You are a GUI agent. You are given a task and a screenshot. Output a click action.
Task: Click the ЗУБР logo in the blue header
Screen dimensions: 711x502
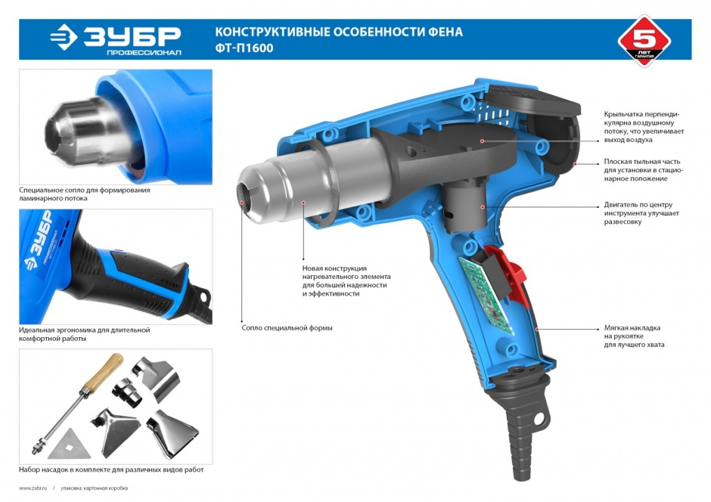click(x=116, y=39)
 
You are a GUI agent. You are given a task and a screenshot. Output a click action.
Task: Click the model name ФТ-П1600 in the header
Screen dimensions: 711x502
click(x=244, y=48)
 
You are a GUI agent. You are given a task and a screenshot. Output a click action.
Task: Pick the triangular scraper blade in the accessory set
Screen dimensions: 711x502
click(x=70, y=443)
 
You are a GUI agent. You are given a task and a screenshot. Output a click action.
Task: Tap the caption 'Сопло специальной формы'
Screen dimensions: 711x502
click(x=287, y=327)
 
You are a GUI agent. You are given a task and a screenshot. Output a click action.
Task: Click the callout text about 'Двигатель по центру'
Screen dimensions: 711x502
click(x=641, y=213)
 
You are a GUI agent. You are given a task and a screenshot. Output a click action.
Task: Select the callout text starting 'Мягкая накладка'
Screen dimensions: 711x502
click(x=634, y=336)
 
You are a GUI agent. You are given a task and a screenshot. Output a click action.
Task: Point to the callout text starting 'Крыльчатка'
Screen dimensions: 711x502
click(x=644, y=127)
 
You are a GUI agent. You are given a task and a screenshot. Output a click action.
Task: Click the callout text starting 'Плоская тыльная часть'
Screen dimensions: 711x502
click(x=643, y=170)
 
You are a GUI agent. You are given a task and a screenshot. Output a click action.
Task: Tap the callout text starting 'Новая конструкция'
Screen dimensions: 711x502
click(x=346, y=281)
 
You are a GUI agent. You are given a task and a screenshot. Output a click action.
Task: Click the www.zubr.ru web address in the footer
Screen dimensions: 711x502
click(x=33, y=488)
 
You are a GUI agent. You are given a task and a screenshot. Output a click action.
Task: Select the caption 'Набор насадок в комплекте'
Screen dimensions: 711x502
click(x=111, y=469)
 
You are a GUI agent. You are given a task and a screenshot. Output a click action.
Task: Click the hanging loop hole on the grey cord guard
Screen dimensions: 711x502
click(x=539, y=419)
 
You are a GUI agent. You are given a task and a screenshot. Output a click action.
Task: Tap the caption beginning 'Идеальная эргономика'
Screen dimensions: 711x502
click(x=85, y=334)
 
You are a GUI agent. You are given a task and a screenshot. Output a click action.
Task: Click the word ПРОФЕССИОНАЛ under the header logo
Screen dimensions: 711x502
click(x=144, y=53)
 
